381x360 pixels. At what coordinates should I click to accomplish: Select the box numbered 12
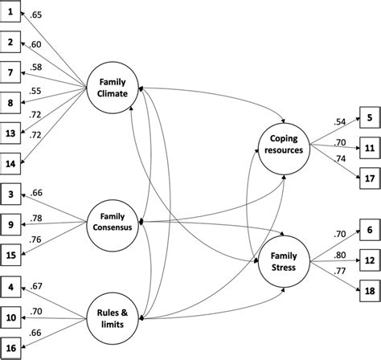click(368, 261)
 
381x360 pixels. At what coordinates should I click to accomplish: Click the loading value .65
click(36, 14)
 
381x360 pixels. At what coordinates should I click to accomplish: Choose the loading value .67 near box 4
click(37, 287)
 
